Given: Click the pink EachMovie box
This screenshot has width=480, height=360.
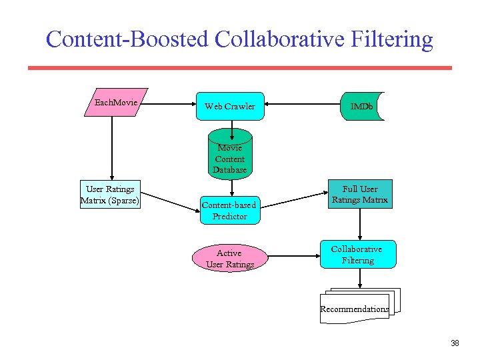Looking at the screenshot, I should pyautogui.click(x=116, y=102).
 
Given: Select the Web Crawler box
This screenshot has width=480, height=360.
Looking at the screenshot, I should pyautogui.click(x=230, y=106).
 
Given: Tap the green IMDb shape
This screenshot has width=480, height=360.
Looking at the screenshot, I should pyautogui.click(x=362, y=106).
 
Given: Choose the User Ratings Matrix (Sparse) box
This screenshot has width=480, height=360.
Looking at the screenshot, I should pyautogui.click(x=110, y=195).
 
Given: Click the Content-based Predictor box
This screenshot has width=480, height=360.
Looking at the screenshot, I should pyautogui.click(x=229, y=211).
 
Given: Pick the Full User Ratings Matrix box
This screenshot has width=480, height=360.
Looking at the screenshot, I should pyautogui.click(x=360, y=194).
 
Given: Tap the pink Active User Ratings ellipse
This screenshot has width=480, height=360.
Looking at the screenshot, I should pyautogui.click(x=229, y=259).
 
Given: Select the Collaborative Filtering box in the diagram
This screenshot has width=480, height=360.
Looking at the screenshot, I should pyautogui.click(x=358, y=255).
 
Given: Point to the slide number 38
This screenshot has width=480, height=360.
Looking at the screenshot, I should pyautogui.click(x=455, y=343).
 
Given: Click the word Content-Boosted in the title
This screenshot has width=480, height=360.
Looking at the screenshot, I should pyautogui.click(x=127, y=39).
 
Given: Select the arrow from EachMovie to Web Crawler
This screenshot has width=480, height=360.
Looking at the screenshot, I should pyautogui.click(x=170, y=104).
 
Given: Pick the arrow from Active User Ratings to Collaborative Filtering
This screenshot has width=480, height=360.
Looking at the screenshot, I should pyautogui.click(x=293, y=255).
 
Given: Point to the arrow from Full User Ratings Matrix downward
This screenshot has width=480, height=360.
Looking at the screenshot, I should pyautogui.click(x=360, y=224).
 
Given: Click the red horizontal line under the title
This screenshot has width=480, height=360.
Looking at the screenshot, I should pyautogui.click(x=240, y=68).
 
